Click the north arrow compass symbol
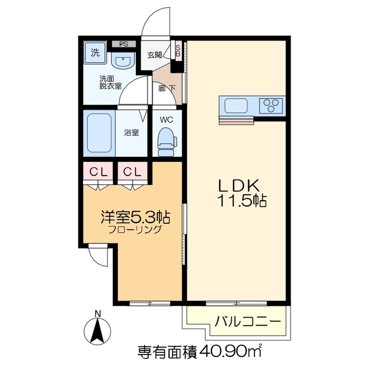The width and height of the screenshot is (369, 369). pos(98,330)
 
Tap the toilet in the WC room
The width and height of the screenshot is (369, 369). pos(166,141)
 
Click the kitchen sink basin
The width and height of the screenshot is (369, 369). pos(235,106)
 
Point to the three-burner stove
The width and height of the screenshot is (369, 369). pos(271,106)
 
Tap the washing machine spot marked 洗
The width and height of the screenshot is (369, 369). pos(95,52)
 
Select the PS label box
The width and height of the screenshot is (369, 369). pos(123,44)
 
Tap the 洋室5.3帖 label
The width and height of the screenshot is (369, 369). pos(135,217)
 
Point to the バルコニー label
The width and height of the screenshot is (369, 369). pos(248,321)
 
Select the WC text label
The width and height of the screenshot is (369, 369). pos(166,120)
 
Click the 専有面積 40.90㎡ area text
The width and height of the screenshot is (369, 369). pos(199,351)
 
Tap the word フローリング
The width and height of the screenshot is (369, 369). pos(135,229)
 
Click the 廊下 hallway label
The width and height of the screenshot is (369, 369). pos(167,89)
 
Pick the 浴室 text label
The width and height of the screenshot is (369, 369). pos(131,132)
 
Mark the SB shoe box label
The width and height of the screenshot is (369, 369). pos(178,50)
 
